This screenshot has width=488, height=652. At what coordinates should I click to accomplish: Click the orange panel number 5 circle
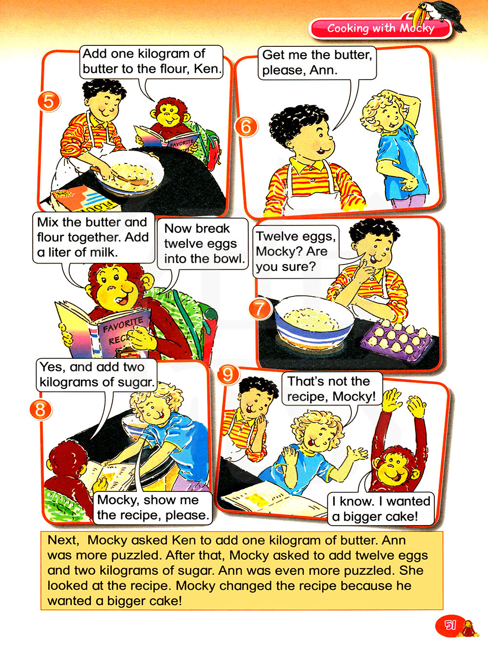pos(49,102)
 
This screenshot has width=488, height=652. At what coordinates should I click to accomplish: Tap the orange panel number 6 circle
pos(246,127)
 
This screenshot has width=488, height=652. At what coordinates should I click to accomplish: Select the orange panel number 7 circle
pos(260,308)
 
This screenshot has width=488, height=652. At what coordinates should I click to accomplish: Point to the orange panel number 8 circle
pos(41,409)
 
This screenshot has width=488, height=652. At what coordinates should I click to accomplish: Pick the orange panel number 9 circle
pos(228,375)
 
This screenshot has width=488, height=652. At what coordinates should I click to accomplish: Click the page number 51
pos(449,625)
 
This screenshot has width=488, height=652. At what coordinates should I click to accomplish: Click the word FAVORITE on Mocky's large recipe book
pos(122,325)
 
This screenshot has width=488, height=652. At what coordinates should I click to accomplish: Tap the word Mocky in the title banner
pos(417,28)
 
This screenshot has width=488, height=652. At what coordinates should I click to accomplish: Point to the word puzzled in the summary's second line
pos(139,555)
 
